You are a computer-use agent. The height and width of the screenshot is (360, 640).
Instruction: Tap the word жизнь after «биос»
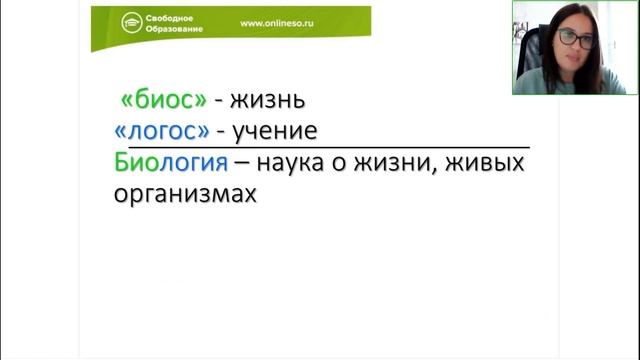(x=266, y=100)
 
